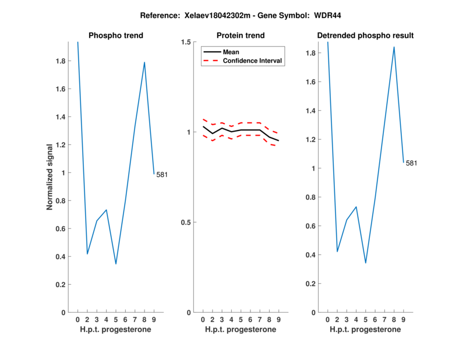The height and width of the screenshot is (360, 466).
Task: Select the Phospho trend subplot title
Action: pos(116,36)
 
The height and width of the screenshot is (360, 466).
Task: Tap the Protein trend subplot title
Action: pos(241,36)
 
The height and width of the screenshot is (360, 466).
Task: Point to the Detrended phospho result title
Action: pos(365,36)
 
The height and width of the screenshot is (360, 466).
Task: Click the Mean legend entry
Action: pos(231,52)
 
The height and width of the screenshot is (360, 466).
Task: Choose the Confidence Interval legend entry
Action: pos(252,61)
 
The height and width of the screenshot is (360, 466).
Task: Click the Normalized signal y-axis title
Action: pos(50,177)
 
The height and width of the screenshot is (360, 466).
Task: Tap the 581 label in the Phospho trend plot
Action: pos(162,175)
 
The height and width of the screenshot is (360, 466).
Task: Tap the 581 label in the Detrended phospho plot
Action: pos(412,163)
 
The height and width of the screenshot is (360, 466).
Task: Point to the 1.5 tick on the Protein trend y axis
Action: pos(186,42)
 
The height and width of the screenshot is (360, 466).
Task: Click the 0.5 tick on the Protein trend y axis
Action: pos(186,223)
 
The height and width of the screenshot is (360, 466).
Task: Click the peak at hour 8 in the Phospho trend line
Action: pos(144,62)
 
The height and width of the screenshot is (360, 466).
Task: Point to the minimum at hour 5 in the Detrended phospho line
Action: pos(366,263)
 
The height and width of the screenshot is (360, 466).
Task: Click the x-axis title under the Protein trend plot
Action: pos(241,330)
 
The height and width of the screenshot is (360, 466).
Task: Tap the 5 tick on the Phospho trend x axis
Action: pos(116,320)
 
